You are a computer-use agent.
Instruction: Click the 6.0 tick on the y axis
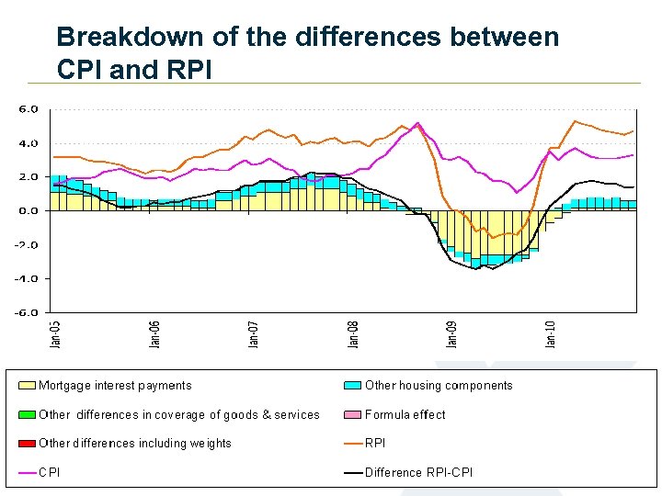(x=29, y=108)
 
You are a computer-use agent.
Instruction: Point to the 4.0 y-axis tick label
(x=29, y=142)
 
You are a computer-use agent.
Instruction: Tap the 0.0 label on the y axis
(x=29, y=210)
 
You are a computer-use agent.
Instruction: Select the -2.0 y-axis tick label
(x=27, y=244)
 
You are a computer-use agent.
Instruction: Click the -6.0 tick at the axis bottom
(x=27, y=312)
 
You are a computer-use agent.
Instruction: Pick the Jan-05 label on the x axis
(x=56, y=333)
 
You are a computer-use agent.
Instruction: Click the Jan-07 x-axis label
(x=255, y=333)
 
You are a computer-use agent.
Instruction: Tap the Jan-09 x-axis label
(x=452, y=333)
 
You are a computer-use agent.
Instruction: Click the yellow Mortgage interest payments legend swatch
(x=27, y=386)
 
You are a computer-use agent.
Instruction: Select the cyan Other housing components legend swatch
(x=353, y=386)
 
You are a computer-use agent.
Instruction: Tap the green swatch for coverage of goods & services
(x=27, y=414)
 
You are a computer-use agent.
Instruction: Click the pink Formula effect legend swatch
(x=353, y=414)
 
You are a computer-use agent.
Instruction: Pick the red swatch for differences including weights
(x=27, y=444)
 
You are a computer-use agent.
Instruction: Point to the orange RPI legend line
(x=353, y=444)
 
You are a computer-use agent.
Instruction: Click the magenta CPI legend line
(x=27, y=473)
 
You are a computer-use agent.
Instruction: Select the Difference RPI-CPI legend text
(x=419, y=473)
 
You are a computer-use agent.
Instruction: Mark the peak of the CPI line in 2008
(x=417, y=122)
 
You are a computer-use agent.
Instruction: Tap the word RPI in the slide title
(x=185, y=69)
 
